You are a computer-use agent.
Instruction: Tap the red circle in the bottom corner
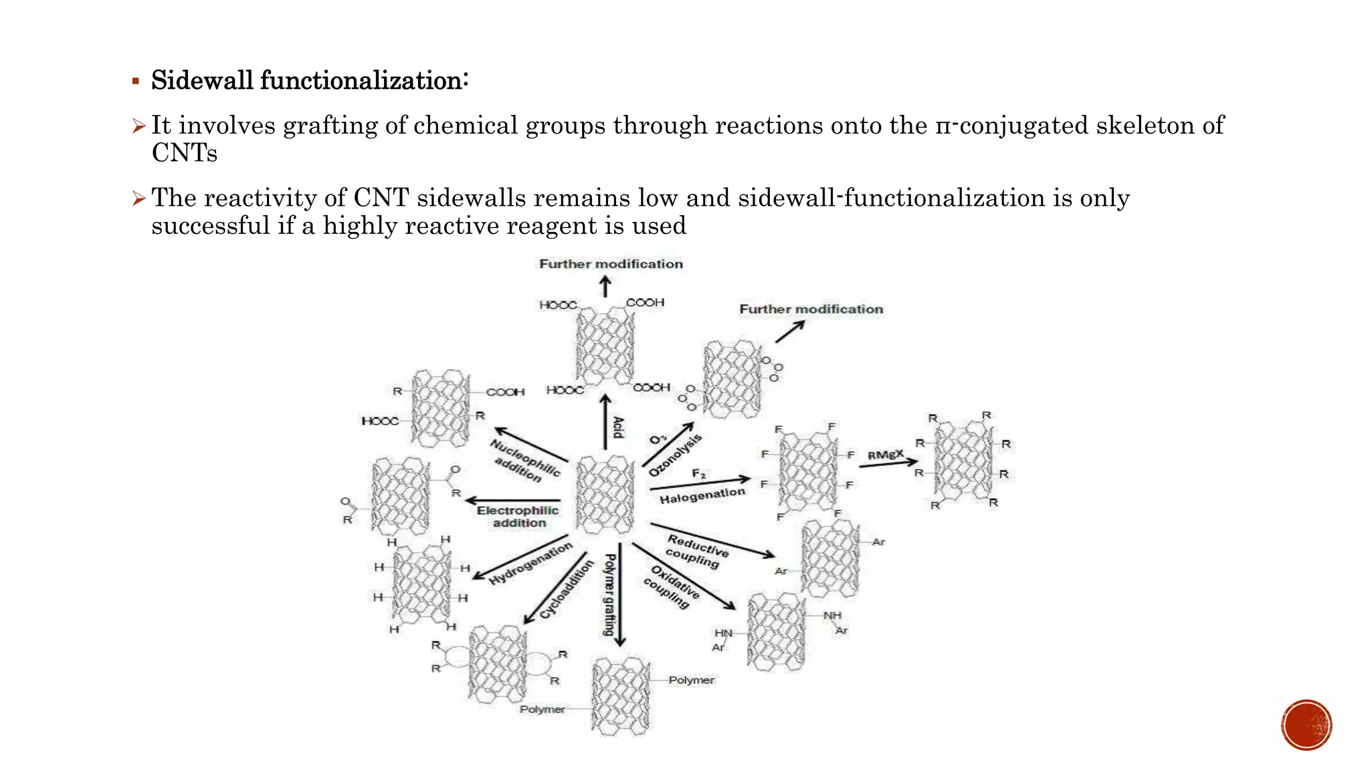click(1306, 725)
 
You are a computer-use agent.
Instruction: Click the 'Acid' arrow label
click(619, 427)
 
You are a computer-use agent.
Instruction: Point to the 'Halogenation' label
click(702, 495)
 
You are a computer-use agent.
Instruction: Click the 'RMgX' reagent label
click(885, 455)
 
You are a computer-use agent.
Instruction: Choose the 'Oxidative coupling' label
click(671, 587)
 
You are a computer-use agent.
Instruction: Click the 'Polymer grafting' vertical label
click(609, 595)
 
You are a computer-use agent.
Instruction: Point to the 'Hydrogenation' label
click(530, 563)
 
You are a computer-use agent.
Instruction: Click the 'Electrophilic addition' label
click(518, 517)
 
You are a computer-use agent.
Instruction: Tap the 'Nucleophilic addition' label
click(525, 460)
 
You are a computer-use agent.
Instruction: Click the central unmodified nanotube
click(605, 495)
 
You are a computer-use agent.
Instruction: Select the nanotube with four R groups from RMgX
click(963, 461)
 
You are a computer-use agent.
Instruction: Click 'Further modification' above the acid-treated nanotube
click(611, 264)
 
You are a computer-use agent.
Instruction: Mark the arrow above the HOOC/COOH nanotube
click(605, 287)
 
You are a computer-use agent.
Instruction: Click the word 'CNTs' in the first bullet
click(185, 153)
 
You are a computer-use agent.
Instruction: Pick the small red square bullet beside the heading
click(136, 82)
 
